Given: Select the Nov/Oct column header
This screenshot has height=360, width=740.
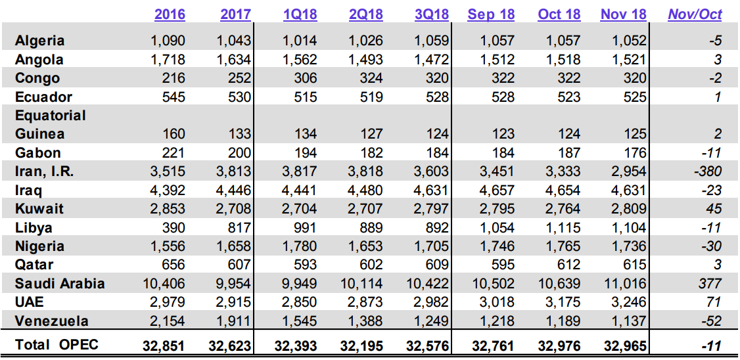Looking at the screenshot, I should click(695, 14).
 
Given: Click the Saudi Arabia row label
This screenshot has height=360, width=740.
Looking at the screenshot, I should click(60, 284).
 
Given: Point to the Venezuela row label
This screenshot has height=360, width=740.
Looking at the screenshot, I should click(52, 321).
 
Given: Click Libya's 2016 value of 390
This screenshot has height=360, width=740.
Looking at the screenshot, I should click(173, 228).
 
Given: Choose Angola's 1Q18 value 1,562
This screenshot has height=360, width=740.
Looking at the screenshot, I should click(300, 59).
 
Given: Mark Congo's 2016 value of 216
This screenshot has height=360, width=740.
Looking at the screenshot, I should click(173, 78).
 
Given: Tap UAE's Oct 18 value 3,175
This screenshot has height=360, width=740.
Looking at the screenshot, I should click(561, 303).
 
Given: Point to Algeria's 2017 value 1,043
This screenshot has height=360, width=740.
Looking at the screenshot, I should click(234, 41).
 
